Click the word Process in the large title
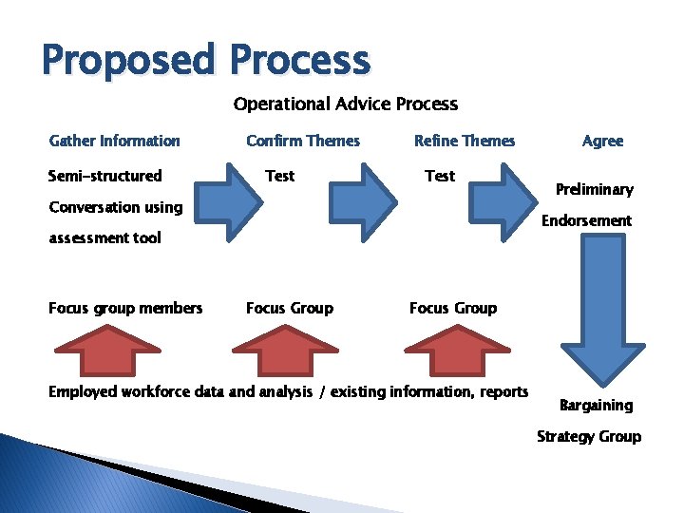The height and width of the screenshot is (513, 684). click(299, 60)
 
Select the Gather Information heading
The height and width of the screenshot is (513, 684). click(114, 141)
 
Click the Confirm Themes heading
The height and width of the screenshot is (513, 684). click(303, 141)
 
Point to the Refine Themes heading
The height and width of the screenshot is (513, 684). click(465, 141)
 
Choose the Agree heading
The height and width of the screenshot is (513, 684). click(602, 141)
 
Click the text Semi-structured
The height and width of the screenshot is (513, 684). click(104, 176)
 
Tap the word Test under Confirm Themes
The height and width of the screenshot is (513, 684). click(280, 176)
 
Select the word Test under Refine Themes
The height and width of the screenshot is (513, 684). click(440, 176)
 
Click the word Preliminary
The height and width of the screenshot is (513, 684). click(595, 189)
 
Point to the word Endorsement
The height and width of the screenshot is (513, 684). click(586, 220)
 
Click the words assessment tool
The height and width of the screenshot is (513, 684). click(104, 238)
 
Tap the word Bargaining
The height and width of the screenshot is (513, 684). click(596, 406)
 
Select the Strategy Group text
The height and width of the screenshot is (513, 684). click(589, 437)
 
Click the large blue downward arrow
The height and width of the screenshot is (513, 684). click(597, 304)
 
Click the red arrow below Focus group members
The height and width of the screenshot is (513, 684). click(106, 350)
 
